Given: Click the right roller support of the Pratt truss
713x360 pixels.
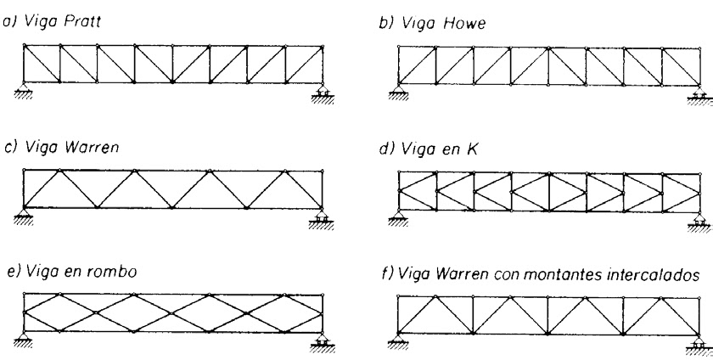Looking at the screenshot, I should pyautogui.click(x=323, y=92).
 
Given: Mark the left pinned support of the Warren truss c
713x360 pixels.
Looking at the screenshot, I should pyautogui.click(x=21, y=215).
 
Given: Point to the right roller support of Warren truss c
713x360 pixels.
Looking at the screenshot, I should pyautogui.click(x=323, y=217).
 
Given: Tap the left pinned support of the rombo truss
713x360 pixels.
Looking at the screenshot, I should pyautogui.click(x=21, y=339).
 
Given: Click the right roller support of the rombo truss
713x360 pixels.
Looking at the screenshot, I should pyautogui.click(x=323, y=341).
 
